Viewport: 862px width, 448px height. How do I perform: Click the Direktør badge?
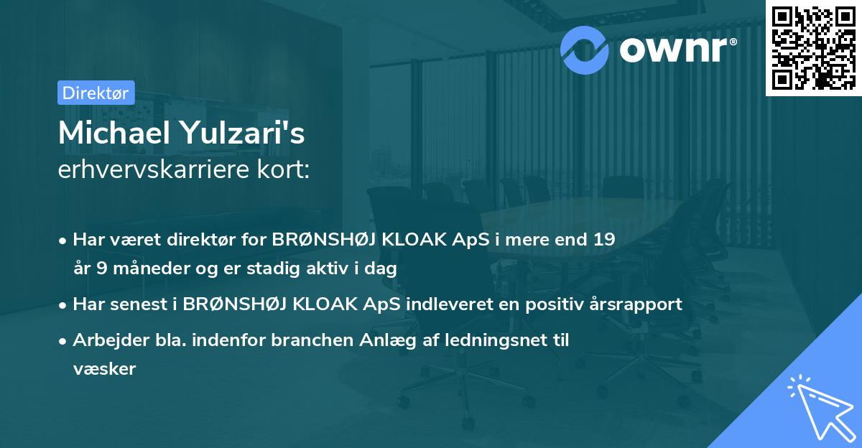point(95,93)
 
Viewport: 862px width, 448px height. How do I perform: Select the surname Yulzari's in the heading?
point(246,134)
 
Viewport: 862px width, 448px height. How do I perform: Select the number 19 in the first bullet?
point(603,239)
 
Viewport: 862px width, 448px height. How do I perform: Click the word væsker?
point(104,369)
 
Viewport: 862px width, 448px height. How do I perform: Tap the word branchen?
point(310,340)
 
